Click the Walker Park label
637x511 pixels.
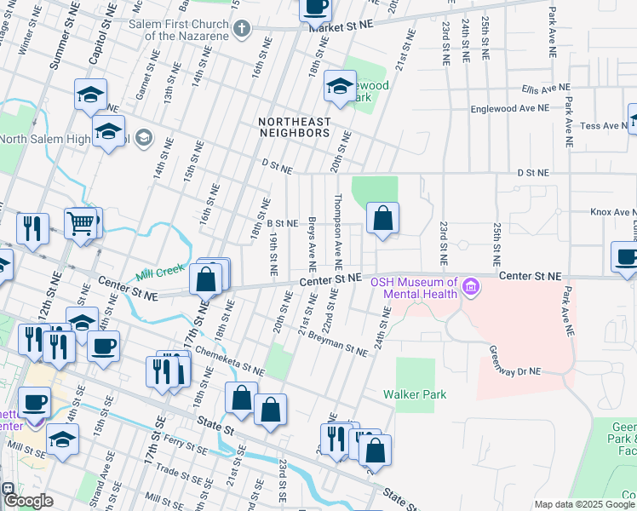pyautogui.click(x=415, y=394)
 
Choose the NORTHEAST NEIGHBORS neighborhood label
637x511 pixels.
pyautogui.click(x=294, y=127)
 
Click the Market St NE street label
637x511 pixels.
pyautogui.click(x=341, y=26)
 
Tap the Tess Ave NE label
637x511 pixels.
pyautogui.click(x=603, y=125)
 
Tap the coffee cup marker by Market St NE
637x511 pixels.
pyautogui.click(x=315, y=7)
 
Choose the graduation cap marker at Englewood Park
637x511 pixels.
pyautogui.click(x=340, y=87)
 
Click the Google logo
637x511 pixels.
pyautogui.click(x=27, y=501)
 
